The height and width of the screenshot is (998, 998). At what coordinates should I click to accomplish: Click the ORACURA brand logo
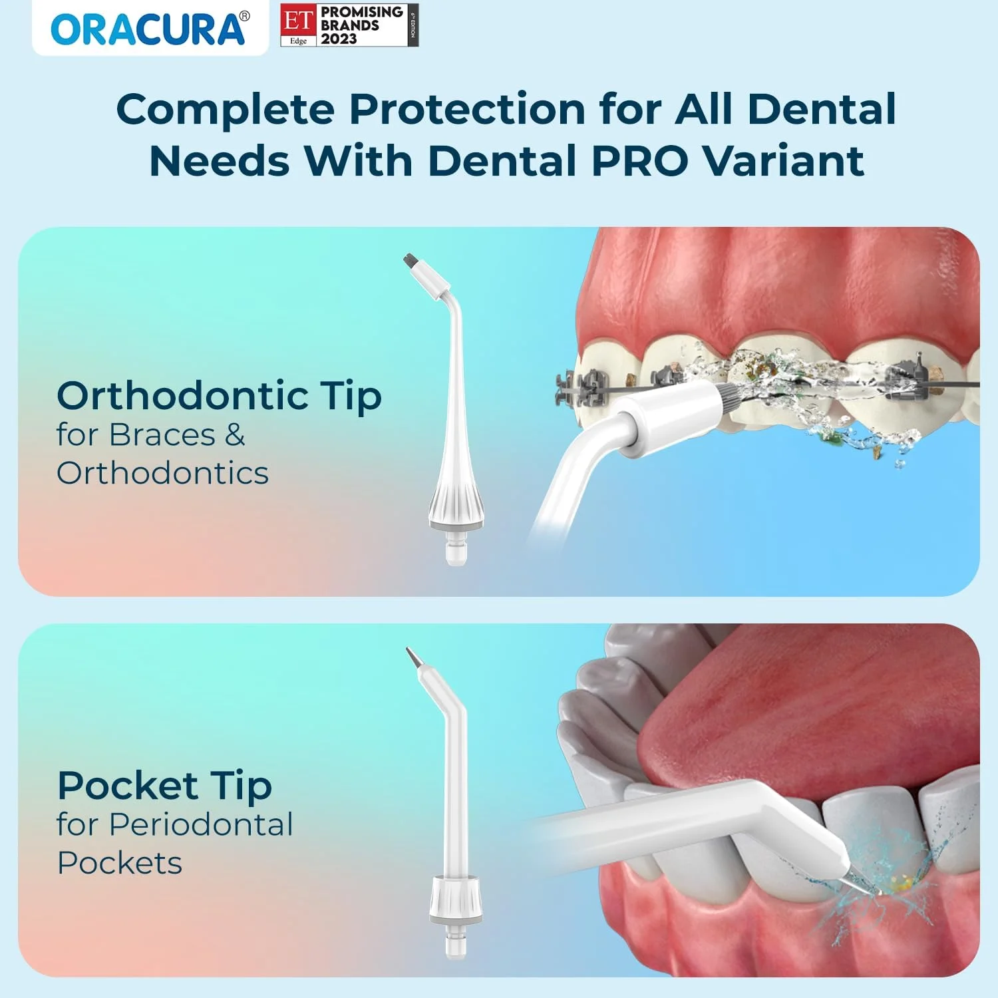(148, 30)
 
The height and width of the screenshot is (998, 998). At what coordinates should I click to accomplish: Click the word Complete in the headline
(225, 110)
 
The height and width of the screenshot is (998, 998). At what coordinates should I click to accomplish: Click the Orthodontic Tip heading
(219, 397)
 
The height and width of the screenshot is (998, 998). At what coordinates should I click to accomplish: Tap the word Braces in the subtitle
(162, 435)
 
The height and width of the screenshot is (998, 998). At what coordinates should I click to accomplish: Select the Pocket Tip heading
(164, 786)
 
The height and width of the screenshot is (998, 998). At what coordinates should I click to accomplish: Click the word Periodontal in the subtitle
(201, 825)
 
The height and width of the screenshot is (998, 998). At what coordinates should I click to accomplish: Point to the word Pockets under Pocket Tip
(120, 864)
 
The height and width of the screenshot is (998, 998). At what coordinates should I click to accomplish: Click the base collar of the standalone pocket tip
(456, 898)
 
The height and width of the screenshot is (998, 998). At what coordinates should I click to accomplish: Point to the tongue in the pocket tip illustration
(798, 719)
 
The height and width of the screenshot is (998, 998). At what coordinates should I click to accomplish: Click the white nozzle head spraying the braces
(672, 416)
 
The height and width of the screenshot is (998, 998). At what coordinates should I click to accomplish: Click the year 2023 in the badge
(339, 39)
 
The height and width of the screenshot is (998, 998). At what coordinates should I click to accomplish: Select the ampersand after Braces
(235, 435)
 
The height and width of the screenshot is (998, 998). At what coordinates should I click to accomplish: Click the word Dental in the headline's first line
(822, 110)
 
